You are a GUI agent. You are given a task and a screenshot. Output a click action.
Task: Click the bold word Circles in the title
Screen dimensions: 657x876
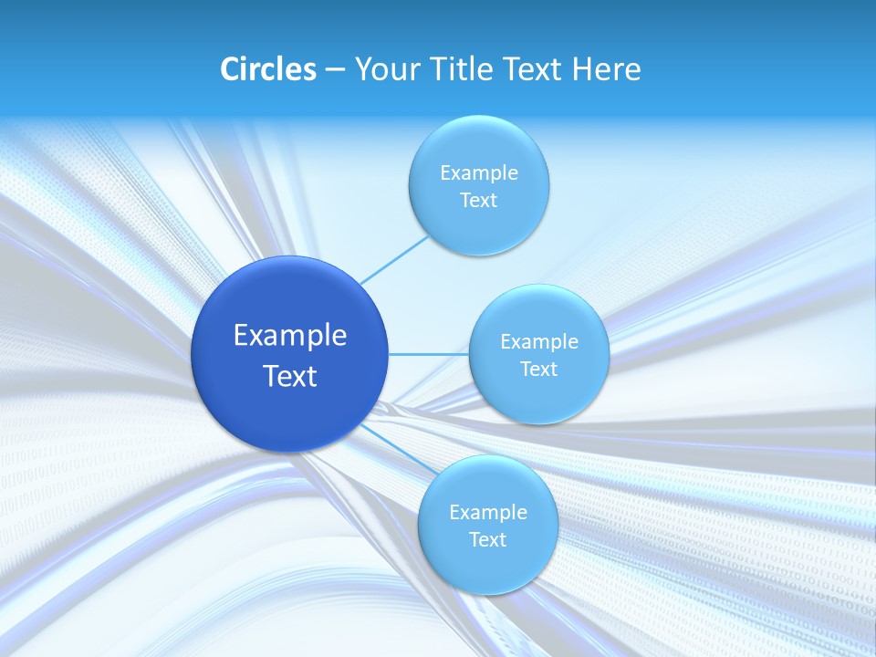[x=267, y=69]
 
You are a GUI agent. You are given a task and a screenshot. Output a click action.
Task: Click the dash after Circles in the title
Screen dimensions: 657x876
[x=335, y=70]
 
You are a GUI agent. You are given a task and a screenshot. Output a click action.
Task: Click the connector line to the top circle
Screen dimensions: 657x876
[x=394, y=259]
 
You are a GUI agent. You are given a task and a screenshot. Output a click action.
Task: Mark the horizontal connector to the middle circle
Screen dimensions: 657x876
[x=428, y=354]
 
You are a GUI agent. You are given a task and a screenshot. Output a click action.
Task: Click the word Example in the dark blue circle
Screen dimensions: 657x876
[x=290, y=336]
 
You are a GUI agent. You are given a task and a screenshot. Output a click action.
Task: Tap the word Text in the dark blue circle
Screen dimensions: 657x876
[x=290, y=376]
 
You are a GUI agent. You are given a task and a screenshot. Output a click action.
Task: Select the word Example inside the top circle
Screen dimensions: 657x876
[x=479, y=173]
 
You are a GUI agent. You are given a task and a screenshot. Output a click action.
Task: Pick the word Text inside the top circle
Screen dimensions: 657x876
[x=479, y=201]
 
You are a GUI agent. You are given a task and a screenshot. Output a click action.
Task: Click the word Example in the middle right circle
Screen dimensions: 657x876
[x=539, y=342]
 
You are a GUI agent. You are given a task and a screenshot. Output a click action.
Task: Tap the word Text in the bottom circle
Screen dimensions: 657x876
[x=488, y=540]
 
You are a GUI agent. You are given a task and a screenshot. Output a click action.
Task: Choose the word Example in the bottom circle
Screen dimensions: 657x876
[x=488, y=513]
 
